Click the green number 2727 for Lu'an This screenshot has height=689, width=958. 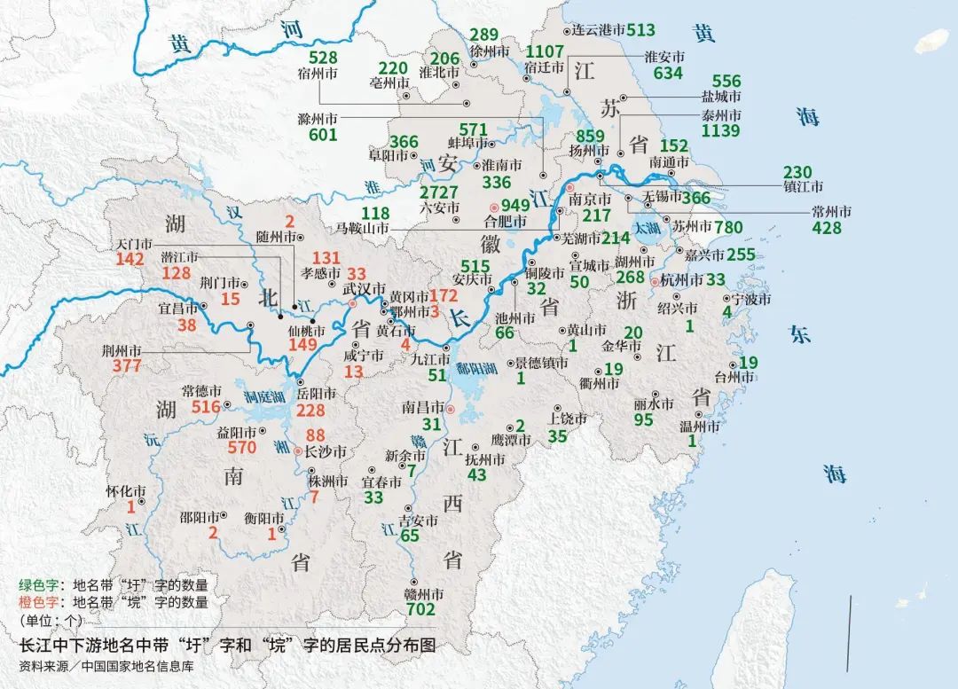[x=439, y=192]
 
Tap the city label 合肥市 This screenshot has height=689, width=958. [x=502, y=221]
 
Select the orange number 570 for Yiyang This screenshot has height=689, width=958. [x=241, y=448]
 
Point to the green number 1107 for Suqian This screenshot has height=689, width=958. [x=545, y=51]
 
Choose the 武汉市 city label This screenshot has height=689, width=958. [x=365, y=290]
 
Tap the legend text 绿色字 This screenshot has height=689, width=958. [x=38, y=585]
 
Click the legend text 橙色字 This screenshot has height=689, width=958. [x=38, y=602]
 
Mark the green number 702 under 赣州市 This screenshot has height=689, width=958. [x=420, y=609]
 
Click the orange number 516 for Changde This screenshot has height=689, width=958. [x=200, y=407]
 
